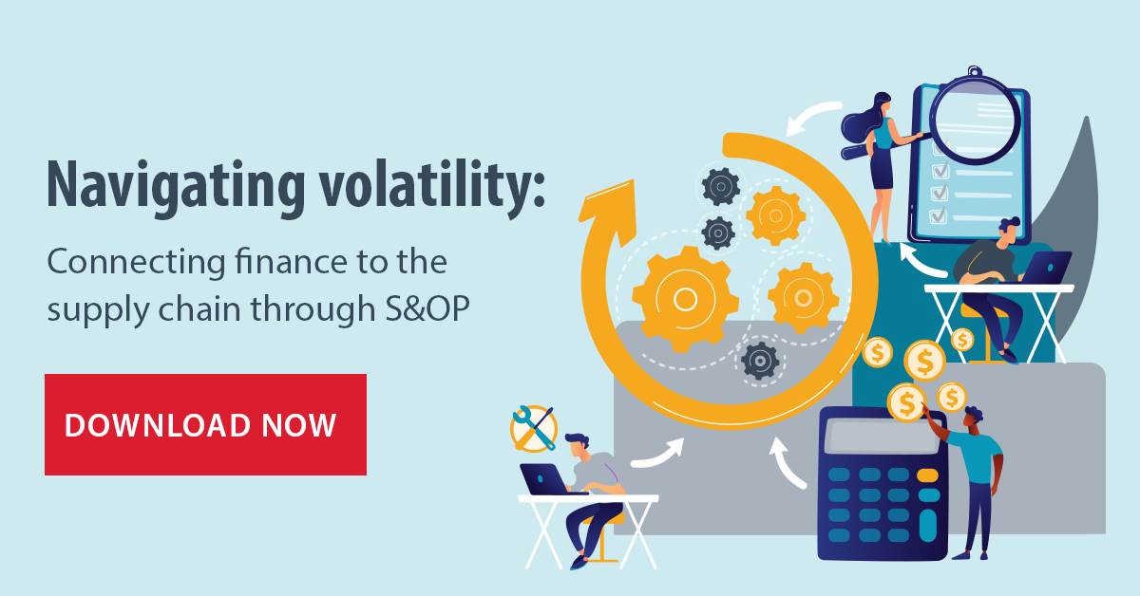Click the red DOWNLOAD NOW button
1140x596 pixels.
tap(205, 424)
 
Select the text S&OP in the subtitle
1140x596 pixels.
tap(427, 308)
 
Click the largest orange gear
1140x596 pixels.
tap(685, 300)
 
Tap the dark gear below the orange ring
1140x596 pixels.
tap(760, 361)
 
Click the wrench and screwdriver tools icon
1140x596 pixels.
tap(534, 428)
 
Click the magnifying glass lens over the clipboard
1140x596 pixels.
tap(975, 120)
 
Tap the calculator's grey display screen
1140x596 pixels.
tap(883, 437)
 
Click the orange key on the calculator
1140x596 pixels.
tap(928, 475)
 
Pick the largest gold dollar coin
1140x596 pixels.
tap(924, 361)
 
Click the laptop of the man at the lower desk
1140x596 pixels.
tap(545, 479)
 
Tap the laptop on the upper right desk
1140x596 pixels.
tap(1047, 268)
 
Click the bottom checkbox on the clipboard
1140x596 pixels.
tap(939, 215)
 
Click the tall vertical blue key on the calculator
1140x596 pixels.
tap(928, 526)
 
